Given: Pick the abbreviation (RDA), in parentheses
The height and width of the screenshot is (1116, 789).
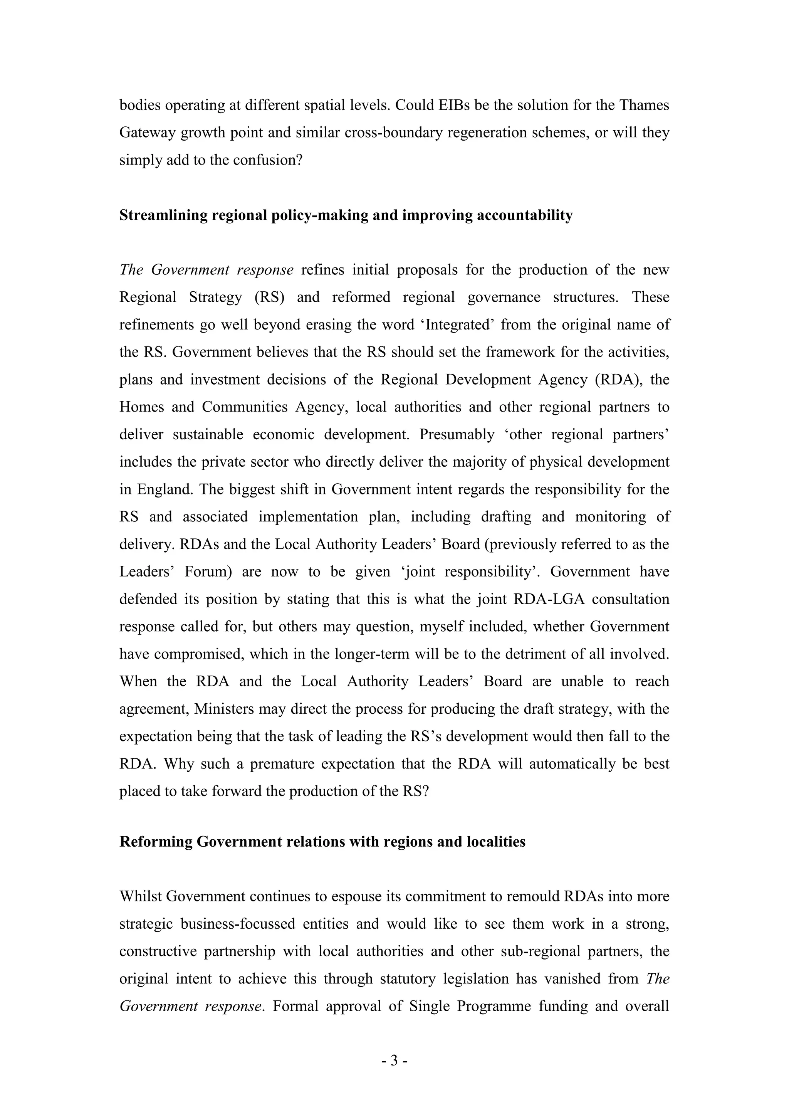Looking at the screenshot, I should pyautogui.click(x=618, y=380).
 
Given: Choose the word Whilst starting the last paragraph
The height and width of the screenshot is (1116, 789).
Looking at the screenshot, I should pyautogui.click(x=140, y=897).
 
